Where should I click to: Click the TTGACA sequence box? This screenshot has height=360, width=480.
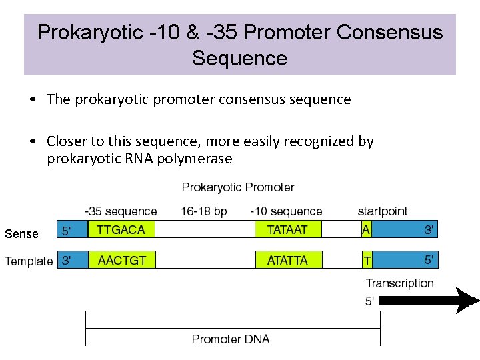121,229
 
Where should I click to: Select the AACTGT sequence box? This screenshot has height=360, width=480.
121,259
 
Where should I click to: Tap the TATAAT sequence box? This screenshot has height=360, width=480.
287,229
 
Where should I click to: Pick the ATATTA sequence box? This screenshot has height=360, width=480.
287,259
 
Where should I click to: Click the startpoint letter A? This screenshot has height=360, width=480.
366,229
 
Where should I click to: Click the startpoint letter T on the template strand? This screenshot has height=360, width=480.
367,259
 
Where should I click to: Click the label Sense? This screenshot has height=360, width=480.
21,234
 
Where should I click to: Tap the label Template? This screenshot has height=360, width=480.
29,261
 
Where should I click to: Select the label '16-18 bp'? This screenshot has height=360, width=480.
203,211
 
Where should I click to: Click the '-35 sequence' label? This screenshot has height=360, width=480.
121,211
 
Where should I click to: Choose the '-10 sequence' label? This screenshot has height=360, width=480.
286,211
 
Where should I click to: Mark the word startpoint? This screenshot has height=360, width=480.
383,211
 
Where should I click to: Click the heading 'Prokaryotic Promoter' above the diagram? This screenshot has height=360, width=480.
238,187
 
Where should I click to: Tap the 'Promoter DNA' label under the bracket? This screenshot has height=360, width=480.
231,339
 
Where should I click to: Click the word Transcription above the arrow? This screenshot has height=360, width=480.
400,283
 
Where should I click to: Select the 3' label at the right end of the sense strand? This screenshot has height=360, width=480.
430,231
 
